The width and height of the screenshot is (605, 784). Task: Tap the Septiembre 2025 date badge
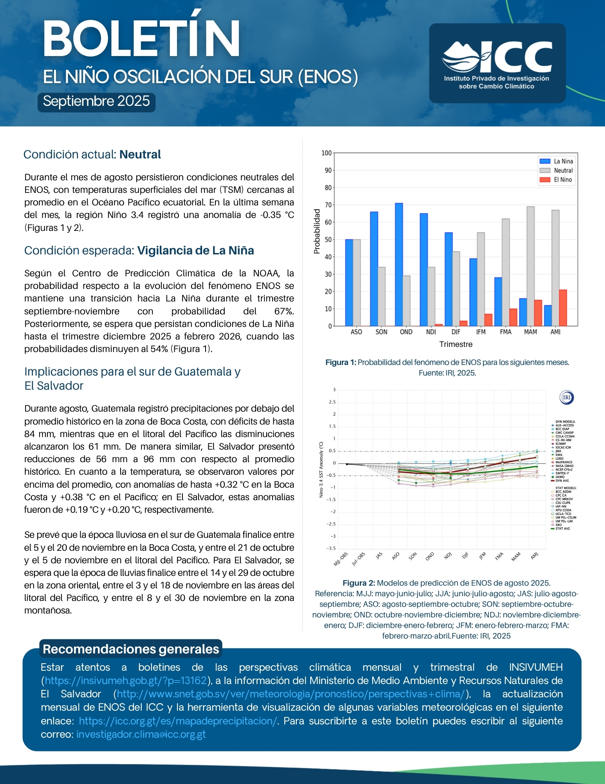pyautogui.click(x=96, y=102)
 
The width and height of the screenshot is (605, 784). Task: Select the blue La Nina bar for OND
pyautogui.click(x=399, y=264)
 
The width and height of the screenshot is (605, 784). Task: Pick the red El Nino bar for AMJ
pyautogui.click(x=563, y=308)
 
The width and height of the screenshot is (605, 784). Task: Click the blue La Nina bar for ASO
pyautogui.click(x=349, y=282)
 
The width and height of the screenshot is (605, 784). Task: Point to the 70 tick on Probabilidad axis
pyautogui.click(x=328, y=205)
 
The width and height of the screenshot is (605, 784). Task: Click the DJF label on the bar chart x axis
pyautogui.click(x=456, y=332)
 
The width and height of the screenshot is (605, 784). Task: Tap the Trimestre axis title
pyautogui.click(x=456, y=345)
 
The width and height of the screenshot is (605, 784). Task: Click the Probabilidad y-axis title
pyautogui.click(x=317, y=231)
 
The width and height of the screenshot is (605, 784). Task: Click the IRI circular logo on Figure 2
pyautogui.click(x=566, y=397)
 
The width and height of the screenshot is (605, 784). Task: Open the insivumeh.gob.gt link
pyautogui.click(x=126, y=681)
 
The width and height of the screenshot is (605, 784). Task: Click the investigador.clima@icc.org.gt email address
pyautogui.click(x=141, y=734)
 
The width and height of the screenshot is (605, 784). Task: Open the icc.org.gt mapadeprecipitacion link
pyautogui.click(x=178, y=721)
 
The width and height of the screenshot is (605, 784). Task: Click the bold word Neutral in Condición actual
pyautogui.click(x=140, y=154)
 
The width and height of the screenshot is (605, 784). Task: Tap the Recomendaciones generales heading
pyautogui.click(x=131, y=649)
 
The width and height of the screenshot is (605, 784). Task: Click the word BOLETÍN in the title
pyautogui.click(x=141, y=39)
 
